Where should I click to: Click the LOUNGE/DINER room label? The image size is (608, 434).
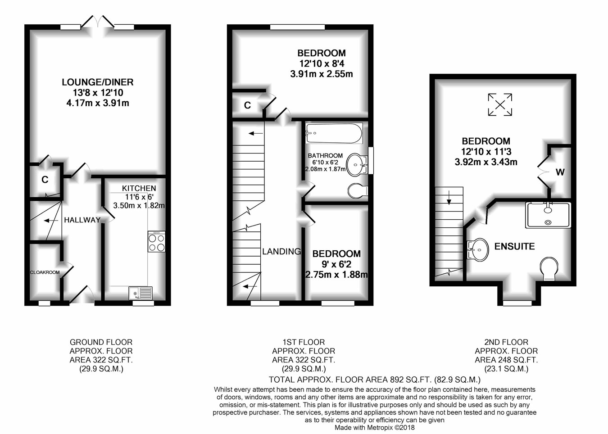[x=98, y=82]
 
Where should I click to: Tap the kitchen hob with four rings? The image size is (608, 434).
[x=156, y=241]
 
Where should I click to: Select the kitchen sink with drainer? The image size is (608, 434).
[x=141, y=293]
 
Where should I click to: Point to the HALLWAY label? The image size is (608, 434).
[x=82, y=220]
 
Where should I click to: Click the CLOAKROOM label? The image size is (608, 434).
[x=45, y=272]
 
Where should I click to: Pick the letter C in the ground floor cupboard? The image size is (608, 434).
[x=45, y=180]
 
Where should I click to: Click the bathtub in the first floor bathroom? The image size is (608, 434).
[x=334, y=133]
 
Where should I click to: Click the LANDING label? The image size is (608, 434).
[x=282, y=252]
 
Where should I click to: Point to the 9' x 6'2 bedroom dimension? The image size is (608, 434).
[x=336, y=264]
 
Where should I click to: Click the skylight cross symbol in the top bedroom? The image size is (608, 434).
[x=500, y=105]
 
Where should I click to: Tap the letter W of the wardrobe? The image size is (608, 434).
[x=560, y=172]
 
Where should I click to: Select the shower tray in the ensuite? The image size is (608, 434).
[x=548, y=215]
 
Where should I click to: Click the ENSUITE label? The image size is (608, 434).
[x=515, y=246]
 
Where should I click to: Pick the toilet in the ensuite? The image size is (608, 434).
[x=549, y=269]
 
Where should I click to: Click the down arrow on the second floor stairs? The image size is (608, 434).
[x=449, y=198]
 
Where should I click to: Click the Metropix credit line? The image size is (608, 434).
[x=375, y=428]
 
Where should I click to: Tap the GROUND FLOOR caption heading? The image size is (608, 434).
[x=101, y=342]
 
